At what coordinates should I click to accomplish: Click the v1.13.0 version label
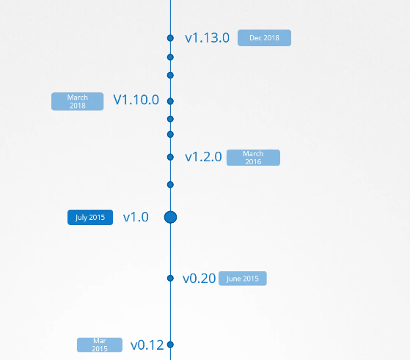coord(207,38)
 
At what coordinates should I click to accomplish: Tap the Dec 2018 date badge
coord(264,38)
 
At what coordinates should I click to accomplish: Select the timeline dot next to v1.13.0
coord(170,38)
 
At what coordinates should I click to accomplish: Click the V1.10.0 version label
coord(136,100)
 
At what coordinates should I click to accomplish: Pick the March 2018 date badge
coord(78,101)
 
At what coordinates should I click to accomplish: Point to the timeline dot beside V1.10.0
coord(170,101)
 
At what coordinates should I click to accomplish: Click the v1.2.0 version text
coord(203,157)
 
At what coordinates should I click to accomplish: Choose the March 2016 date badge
coord(253,158)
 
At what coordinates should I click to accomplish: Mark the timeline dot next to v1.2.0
coord(170,157)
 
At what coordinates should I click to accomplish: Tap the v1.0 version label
coord(136,217)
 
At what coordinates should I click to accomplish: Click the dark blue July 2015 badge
coord(90,217)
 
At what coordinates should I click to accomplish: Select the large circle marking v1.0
coord(170,217)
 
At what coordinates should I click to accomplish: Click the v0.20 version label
coord(199,279)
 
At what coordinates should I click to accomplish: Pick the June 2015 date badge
coord(243,279)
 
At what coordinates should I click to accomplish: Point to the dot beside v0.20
coord(170,278)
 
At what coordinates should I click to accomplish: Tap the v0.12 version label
coord(147,345)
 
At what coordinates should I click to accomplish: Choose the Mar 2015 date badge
coord(100,345)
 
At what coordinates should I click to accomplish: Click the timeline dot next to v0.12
coord(170,345)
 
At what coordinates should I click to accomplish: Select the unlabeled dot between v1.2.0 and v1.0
coord(170,185)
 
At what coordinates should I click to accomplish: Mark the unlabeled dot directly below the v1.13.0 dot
coord(170,57)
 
